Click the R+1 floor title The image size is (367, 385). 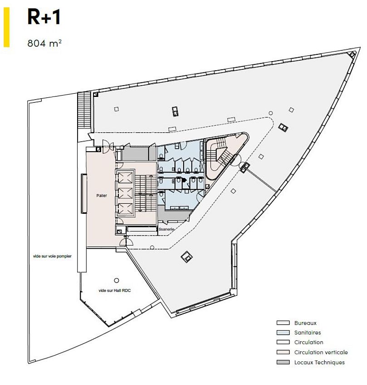pyautogui.click(x=44, y=17)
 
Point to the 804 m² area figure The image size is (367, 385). pyautogui.click(x=44, y=43)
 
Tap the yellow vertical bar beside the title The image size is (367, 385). pyautogui.click(x=7, y=27)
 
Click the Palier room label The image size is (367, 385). pyautogui.click(x=102, y=196)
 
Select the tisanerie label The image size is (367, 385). pyautogui.click(x=166, y=229)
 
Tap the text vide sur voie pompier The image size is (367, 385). pyautogui.click(x=52, y=256)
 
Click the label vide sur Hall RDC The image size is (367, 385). pyautogui.click(x=115, y=290)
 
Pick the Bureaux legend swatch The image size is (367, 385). pyautogui.click(x=283, y=322)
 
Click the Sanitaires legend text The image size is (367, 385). pyautogui.click(x=308, y=332)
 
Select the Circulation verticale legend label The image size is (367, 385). pyautogui.click(x=321, y=352)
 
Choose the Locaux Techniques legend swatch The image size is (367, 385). pyautogui.click(x=283, y=362)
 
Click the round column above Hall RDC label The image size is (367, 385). pyautogui.click(x=117, y=280)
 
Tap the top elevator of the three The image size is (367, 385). pyautogui.click(x=126, y=178)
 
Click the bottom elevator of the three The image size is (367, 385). pyautogui.click(x=126, y=209)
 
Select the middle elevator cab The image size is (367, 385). pyautogui.click(x=126, y=193)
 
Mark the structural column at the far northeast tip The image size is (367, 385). pyautogui.click(x=352, y=54)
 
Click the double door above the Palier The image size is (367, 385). pyautogui.click(x=108, y=146)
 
